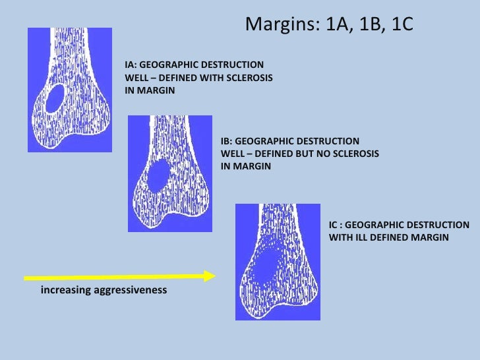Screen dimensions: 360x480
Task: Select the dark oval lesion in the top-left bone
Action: (x=53, y=99)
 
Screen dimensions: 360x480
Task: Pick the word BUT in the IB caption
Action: (x=291, y=154)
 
